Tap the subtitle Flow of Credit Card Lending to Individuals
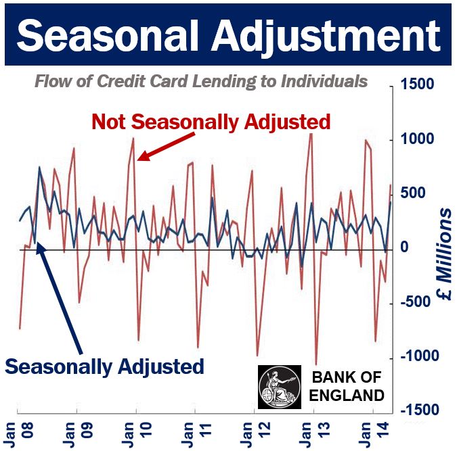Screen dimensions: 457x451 (x=201, y=81)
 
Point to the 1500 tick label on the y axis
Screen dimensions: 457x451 (x=417, y=84)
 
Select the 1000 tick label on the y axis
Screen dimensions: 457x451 (x=417, y=139)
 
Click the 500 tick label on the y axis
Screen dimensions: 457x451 (x=413, y=193)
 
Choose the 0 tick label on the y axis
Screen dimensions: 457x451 (x=404, y=247)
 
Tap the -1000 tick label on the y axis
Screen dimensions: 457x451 (x=419, y=356)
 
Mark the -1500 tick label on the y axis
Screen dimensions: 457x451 (x=419, y=410)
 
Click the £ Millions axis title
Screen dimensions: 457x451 (x=444, y=254)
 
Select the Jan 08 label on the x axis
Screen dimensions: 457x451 (x=19, y=434)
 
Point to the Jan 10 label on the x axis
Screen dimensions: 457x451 (x=137, y=434)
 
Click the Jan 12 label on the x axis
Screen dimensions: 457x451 (x=256, y=434)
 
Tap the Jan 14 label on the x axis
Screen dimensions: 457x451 (x=374, y=434)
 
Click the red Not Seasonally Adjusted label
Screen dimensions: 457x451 (x=211, y=122)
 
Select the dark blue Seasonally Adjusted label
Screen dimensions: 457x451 (x=104, y=366)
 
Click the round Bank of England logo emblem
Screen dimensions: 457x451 (x=280, y=387)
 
